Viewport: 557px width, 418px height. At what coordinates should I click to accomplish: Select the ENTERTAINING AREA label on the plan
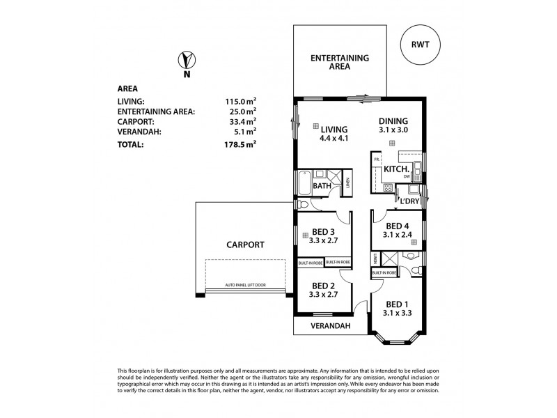339,62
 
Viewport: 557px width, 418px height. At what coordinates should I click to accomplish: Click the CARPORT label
244,245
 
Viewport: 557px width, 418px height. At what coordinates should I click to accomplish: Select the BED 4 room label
398,226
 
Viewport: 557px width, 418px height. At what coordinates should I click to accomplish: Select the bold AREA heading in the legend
127,88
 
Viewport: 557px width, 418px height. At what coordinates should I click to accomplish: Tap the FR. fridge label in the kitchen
377,160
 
